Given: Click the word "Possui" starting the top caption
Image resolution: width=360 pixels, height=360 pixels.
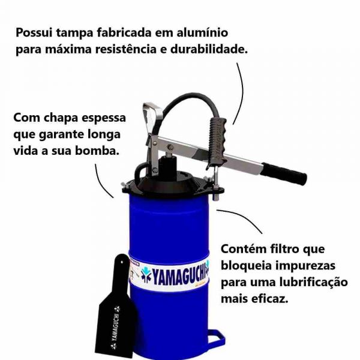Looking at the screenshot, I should pyautogui.click(x=34, y=32).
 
